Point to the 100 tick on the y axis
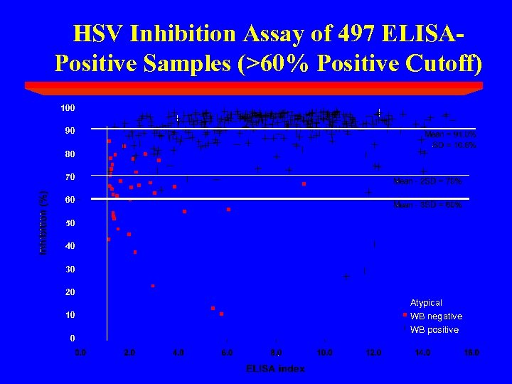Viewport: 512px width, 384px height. [68, 108]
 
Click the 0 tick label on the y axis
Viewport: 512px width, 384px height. [73, 338]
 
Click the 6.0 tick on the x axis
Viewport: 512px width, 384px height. [227, 352]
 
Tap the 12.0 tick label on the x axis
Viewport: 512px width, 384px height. [373, 352]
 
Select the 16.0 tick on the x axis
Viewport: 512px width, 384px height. [471, 352]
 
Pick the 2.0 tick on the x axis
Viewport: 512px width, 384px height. [129, 352]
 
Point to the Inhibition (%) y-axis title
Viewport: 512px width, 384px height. [44, 223]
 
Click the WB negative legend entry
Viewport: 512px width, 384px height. [436, 316]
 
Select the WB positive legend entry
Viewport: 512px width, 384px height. [434, 330]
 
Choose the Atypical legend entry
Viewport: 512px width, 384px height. [426, 303]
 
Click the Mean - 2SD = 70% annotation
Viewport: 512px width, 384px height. [427, 181]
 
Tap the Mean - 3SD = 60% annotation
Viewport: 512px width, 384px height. [427, 205]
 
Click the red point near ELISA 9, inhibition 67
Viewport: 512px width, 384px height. [304, 184]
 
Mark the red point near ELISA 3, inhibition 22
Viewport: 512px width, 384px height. [153, 286]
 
